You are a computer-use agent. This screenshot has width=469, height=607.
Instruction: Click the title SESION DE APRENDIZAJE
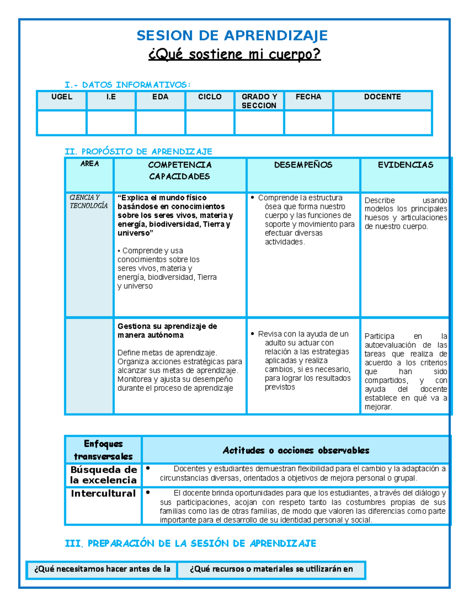(232, 36)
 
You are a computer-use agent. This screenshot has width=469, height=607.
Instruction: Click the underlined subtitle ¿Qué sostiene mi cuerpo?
(234, 54)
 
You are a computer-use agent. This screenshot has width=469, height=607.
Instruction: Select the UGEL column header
(62, 97)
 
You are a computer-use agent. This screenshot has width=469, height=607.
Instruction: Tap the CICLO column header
(210, 97)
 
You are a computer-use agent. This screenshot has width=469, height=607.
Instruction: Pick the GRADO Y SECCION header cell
(259, 101)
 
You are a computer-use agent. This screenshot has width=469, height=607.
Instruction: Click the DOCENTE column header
(382, 97)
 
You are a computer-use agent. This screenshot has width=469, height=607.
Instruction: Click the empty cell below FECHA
(308, 123)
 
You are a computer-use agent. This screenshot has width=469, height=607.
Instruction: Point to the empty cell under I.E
(111, 123)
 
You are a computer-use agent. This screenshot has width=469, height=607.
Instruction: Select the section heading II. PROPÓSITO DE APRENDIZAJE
(138, 151)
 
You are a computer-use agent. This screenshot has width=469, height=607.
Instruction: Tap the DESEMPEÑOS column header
(303, 165)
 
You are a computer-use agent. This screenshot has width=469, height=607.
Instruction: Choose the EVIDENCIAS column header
(405, 165)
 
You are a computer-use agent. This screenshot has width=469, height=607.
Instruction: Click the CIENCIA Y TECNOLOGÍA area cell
(89, 201)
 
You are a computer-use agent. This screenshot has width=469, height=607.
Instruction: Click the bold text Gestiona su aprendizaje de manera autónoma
(167, 331)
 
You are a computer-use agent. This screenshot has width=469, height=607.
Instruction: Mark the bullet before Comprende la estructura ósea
(252, 198)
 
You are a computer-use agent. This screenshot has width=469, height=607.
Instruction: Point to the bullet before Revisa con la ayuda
(252, 334)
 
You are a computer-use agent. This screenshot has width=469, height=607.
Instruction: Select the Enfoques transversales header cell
(103, 450)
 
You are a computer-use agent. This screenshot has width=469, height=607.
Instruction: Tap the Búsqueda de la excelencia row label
(104, 474)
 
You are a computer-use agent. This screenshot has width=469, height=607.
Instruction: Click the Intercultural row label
(103, 494)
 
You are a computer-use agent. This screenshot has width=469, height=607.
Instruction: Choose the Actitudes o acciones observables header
(296, 450)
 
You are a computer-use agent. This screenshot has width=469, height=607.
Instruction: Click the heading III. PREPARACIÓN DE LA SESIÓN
(190, 543)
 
